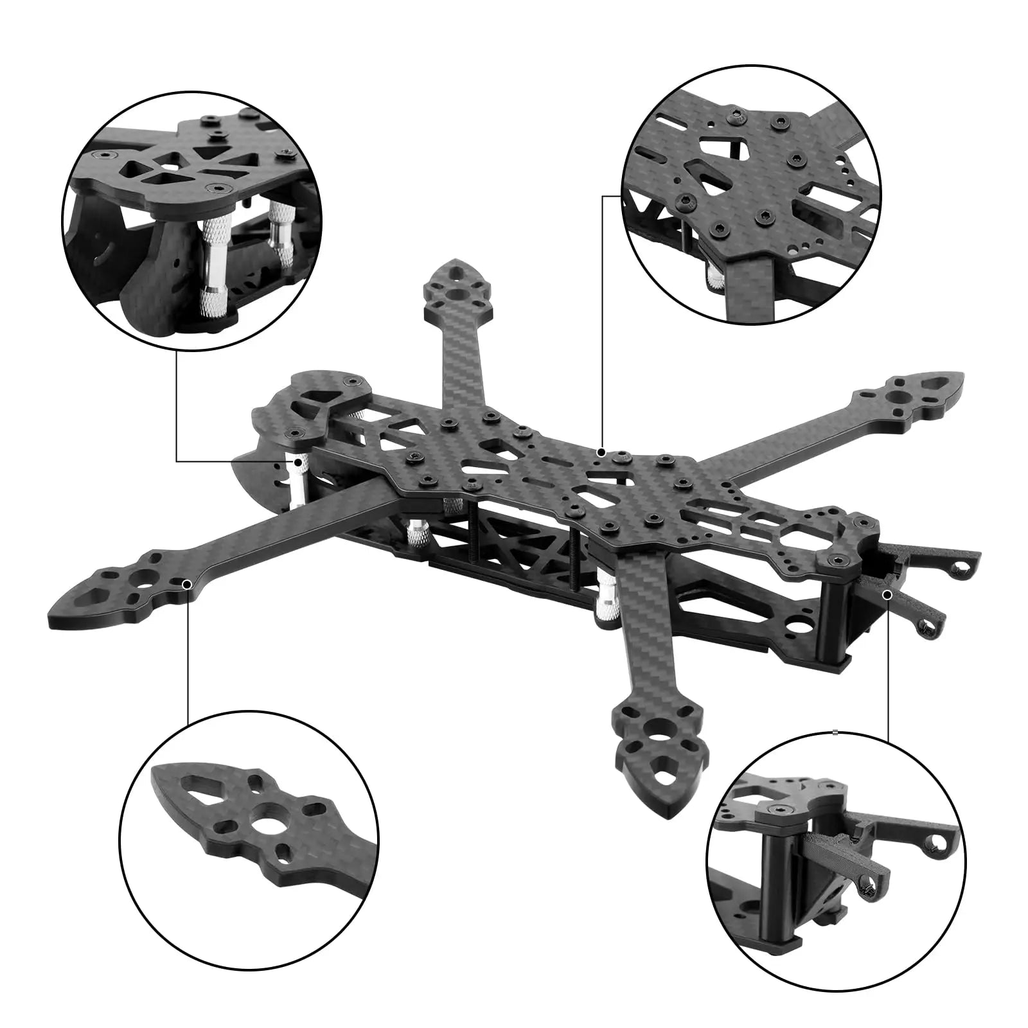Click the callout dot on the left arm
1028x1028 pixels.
pyautogui.click(x=187, y=584)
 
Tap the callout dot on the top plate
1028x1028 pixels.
pyautogui.click(x=601, y=452)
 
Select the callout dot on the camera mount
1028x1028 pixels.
pyautogui.click(x=887, y=595)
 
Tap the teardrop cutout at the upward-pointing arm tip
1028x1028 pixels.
pyautogui.click(x=456, y=272)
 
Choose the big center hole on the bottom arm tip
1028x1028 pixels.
pyautogui.click(x=659, y=745)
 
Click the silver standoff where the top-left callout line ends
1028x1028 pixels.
pyautogui.click(x=299, y=479)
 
